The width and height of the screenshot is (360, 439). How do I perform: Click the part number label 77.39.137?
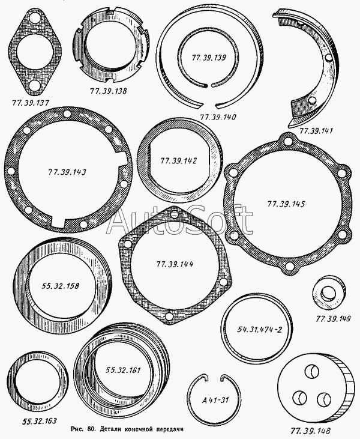(x=30, y=103)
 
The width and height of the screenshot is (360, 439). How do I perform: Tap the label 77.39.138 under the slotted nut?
(x=108, y=91)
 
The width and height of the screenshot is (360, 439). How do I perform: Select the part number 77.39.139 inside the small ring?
(x=209, y=58)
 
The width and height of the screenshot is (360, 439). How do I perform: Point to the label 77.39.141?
(x=316, y=131)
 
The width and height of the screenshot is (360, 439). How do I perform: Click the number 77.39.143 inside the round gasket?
(x=67, y=172)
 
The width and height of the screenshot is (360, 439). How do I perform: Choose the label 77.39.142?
(x=178, y=161)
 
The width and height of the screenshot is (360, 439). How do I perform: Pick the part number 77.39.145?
(x=286, y=204)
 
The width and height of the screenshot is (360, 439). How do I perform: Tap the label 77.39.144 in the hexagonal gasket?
(x=175, y=264)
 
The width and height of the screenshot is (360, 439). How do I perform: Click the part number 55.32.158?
(x=61, y=286)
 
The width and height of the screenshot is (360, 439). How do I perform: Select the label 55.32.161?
(x=123, y=370)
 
